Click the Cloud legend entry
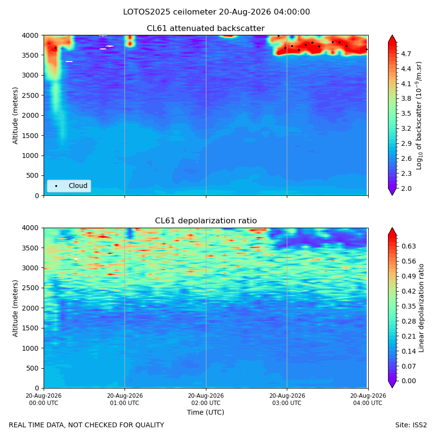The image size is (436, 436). pos(69,186)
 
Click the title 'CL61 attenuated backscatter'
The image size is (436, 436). pos(206,29)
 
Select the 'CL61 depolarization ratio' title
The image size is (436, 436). pos(206,221)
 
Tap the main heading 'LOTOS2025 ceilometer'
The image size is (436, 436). pos(170,12)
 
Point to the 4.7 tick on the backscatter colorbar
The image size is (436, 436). pos(406,54)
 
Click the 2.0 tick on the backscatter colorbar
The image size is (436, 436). pos(406,188)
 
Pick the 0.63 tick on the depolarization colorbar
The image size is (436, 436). pos(409,247)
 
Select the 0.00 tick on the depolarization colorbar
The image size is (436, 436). pos(409,381)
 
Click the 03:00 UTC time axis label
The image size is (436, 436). pos(287,399)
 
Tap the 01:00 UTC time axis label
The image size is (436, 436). pos(125,399)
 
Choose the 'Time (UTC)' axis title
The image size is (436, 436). pos(205,412)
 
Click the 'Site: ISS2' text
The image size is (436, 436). pos(411,425)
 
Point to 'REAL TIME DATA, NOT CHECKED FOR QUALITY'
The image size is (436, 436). pos(87,425)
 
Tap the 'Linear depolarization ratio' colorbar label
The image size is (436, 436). pos(421,308)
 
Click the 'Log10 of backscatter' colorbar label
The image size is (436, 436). pos(419,115)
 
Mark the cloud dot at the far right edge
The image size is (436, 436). pos(367,49)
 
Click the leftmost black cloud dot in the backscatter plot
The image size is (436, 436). pos(56,48)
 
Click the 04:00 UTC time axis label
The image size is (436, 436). pos(368,399)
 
